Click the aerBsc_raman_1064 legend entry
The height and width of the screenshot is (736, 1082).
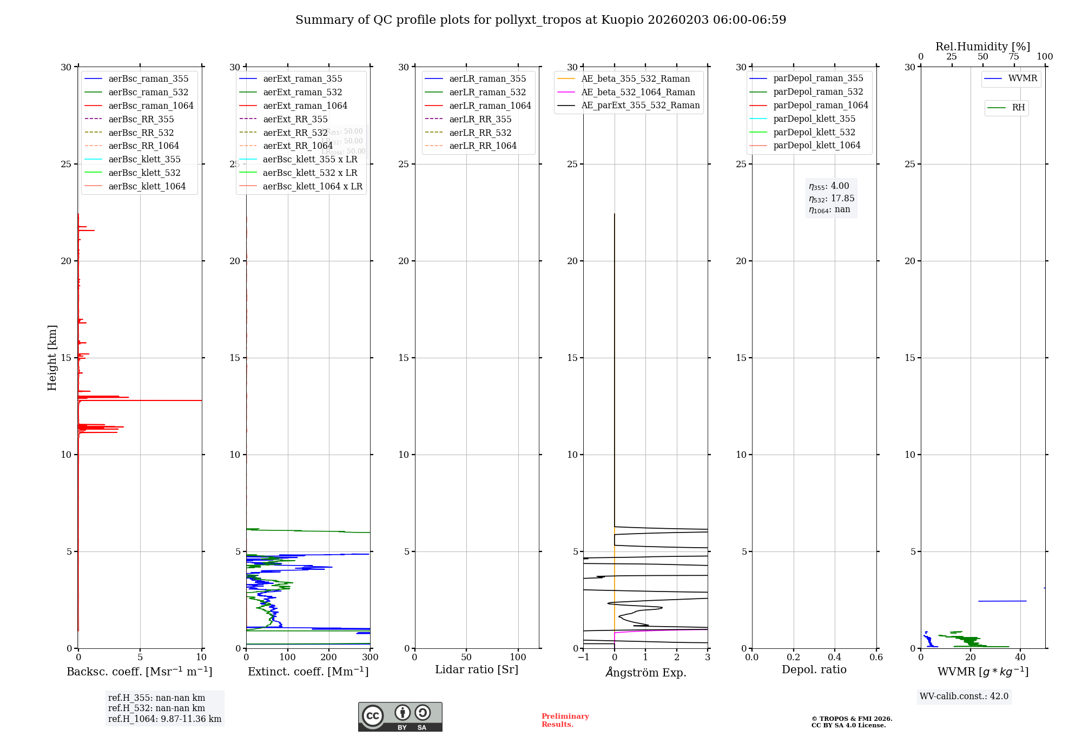coord(150,106)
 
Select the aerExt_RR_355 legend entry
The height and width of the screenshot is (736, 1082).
coord(295,119)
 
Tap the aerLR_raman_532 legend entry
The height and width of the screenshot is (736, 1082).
coord(487,92)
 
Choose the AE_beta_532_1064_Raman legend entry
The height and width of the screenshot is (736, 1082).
coord(638,92)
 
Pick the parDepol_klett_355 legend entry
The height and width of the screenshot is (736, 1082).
coord(814,119)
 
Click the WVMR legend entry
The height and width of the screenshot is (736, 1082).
coord(1022,78)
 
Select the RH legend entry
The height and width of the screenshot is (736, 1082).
coord(1018,108)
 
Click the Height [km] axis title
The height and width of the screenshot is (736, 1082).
coord(52,358)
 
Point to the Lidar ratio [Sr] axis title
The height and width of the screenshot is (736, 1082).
coord(477,669)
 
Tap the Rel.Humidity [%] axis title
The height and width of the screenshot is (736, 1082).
coord(982,47)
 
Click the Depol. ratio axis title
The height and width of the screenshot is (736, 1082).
coord(814,669)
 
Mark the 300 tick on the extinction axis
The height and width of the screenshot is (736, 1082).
coord(370,658)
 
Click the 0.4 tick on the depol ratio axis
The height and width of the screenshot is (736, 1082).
coord(835,658)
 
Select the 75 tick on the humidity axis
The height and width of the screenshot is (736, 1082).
coord(1014,57)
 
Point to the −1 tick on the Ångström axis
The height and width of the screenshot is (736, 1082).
coord(583,658)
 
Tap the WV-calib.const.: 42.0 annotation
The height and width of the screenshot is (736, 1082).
coord(964,696)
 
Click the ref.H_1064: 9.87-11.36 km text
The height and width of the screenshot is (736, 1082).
coord(164,719)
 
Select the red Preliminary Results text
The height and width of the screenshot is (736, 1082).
coord(565,720)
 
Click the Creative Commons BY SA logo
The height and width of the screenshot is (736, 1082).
coord(400,717)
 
